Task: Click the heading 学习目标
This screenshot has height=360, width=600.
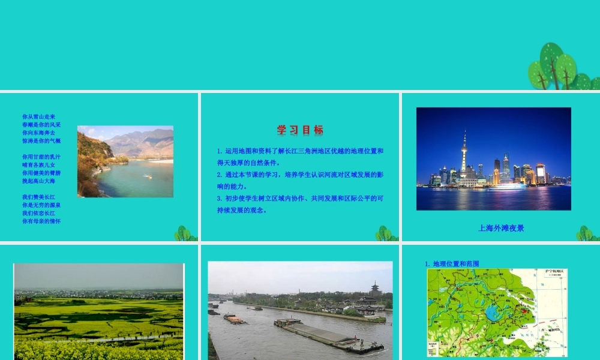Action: (x=300, y=130)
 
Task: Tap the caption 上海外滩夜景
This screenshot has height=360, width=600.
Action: (x=501, y=228)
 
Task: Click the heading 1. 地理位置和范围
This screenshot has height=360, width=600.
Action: (x=452, y=263)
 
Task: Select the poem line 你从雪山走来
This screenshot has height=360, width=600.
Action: (x=38, y=116)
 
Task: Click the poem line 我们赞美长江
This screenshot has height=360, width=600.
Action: (x=38, y=197)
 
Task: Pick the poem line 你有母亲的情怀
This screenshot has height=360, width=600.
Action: (x=41, y=221)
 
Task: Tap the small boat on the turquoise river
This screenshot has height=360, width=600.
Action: (x=146, y=176)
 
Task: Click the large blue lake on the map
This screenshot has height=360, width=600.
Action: (x=493, y=313)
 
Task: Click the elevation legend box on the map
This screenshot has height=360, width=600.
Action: (x=437, y=347)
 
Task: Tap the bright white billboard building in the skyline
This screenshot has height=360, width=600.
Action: (x=541, y=173)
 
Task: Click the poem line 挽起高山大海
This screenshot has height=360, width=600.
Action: (x=38, y=181)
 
